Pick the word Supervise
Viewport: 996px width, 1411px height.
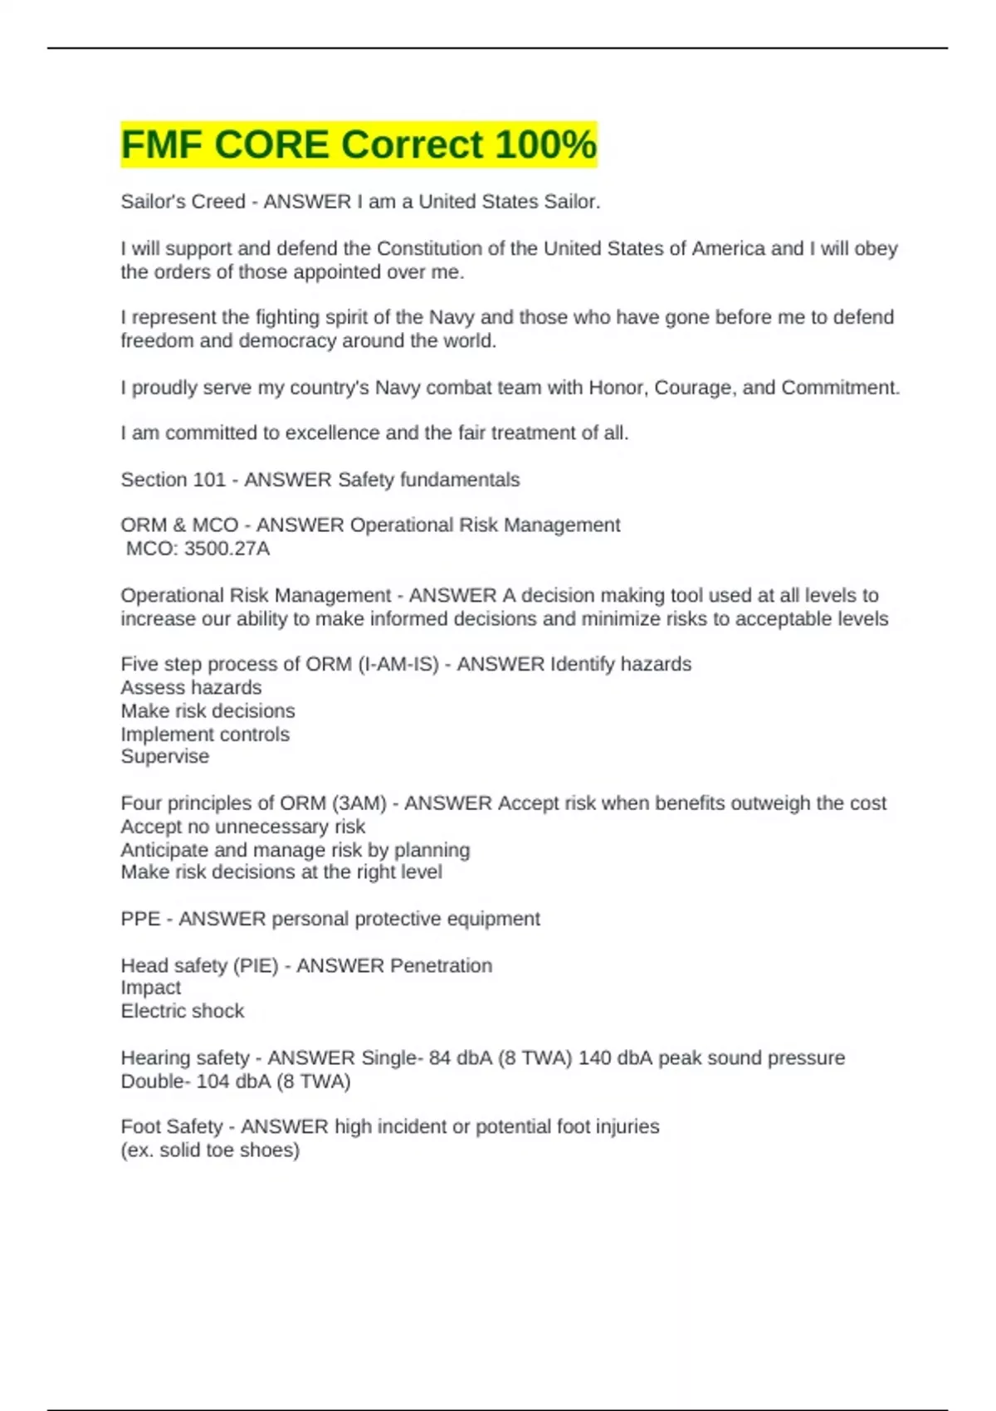coord(164,756)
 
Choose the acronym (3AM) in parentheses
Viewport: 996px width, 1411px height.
coord(359,803)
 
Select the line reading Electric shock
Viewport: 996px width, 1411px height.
coord(182,1011)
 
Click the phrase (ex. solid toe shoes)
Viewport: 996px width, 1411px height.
coord(210,1150)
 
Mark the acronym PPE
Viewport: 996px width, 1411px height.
coord(140,919)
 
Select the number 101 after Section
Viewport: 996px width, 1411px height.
coord(209,480)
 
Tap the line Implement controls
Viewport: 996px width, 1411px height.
coord(205,735)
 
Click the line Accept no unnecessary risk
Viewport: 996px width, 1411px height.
coord(242,827)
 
